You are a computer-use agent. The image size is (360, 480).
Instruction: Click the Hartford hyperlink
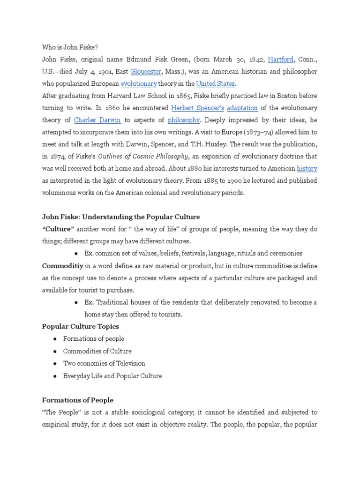[x=281, y=60]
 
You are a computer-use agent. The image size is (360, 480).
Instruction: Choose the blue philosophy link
[x=184, y=120]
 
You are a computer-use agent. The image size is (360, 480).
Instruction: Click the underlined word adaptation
[x=242, y=107]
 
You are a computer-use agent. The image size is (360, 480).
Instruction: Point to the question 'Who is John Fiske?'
[x=70, y=47]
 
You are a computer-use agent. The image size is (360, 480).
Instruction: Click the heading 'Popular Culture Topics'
[x=80, y=326]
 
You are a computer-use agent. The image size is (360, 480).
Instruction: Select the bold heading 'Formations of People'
[x=78, y=400]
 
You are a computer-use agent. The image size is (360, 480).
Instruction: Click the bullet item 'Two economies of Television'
[x=105, y=363]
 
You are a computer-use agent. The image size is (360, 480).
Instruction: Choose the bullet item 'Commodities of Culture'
[x=97, y=351]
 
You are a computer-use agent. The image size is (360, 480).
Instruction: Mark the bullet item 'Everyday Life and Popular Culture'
[x=112, y=375]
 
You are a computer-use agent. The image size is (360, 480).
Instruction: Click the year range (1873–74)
[x=258, y=132]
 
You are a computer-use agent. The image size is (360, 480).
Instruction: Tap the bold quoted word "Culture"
[x=58, y=229]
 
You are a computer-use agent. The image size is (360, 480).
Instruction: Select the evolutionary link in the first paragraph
[x=138, y=84]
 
